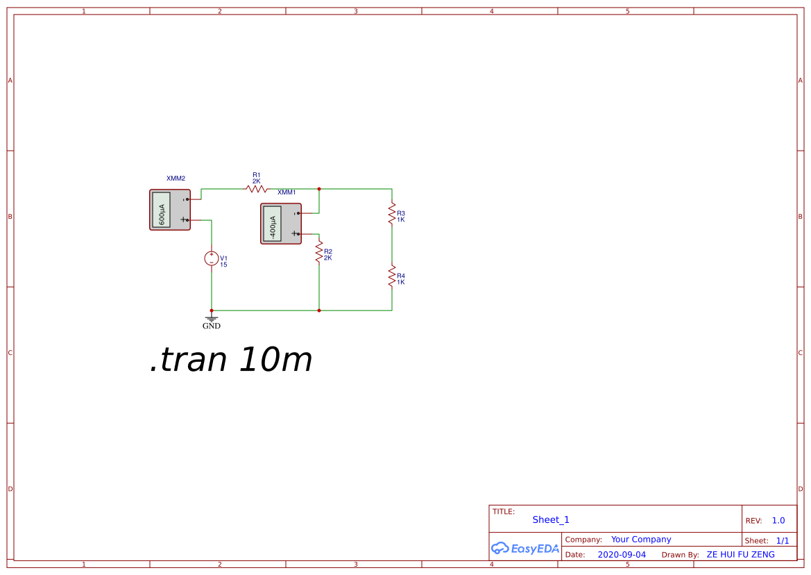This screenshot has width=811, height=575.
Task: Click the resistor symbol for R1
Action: pyautogui.click(x=256, y=189)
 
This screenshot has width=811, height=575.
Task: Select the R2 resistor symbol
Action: pyautogui.click(x=319, y=251)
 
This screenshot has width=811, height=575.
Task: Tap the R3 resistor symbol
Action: pyautogui.click(x=392, y=214)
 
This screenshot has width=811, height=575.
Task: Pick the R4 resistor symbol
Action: pyautogui.click(x=392, y=276)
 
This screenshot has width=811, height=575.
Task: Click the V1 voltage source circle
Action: pyautogui.click(x=212, y=258)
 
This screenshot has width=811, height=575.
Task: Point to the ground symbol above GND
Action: pyautogui.click(x=212, y=319)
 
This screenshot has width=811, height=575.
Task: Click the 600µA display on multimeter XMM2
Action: pyautogui.click(x=162, y=210)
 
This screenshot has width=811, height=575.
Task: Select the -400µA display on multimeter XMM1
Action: pyautogui.click(x=273, y=224)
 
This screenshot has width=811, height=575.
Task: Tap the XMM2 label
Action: pyautogui.click(x=176, y=178)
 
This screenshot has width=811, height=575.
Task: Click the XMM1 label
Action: pyautogui.click(x=287, y=192)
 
